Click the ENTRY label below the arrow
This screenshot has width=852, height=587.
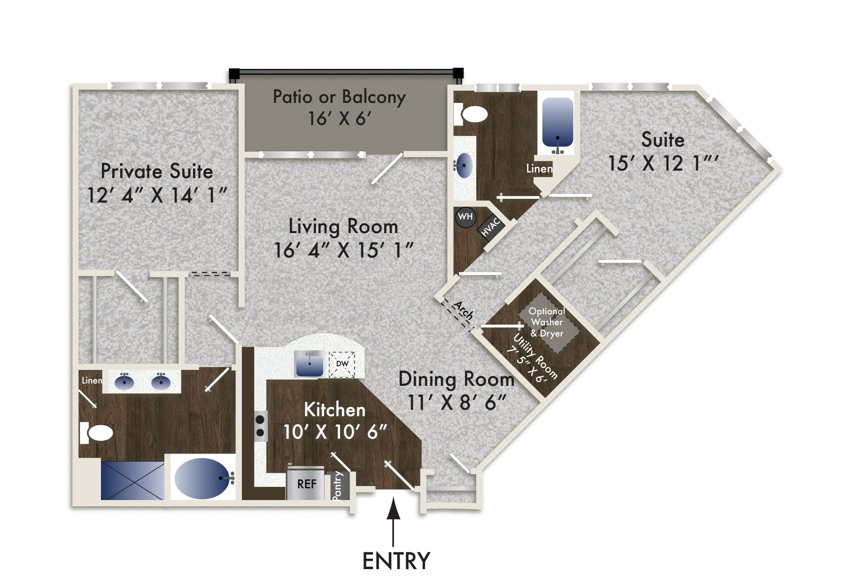(396, 561)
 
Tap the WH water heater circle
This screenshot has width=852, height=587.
(465, 217)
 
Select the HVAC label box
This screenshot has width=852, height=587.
(491, 227)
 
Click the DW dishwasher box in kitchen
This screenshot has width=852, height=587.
(342, 364)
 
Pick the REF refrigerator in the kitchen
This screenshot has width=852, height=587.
(306, 484)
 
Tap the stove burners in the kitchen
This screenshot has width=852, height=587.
(260, 426)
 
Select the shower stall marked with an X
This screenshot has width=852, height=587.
(132, 480)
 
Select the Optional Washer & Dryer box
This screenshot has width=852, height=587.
(547, 322)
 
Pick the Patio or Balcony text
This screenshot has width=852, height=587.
(339, 97)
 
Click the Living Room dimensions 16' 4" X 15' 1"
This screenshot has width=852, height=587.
(343, 250)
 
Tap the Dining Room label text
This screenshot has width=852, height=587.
(456, 379)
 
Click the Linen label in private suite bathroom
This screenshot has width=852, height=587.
(92, 380)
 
